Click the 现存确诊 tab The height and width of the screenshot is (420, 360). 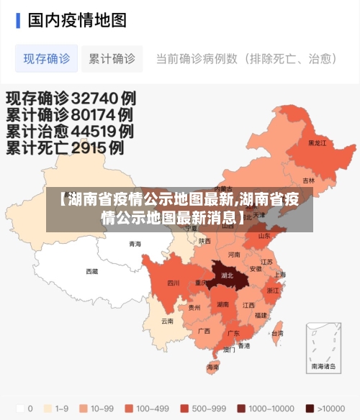[x=47, y=58]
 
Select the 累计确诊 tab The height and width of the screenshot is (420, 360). [x=112, y=58]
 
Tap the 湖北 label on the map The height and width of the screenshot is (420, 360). [x=228, y=275]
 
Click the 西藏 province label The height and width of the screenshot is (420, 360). [x=92, y=271]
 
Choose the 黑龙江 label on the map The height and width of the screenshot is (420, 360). [x=317, y=143]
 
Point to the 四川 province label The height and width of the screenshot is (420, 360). [x=174, y=283]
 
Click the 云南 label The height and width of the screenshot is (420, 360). [x=167, y=321]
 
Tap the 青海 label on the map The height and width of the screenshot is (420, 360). [x=135, y=244]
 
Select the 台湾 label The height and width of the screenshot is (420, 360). [x=277, y=334]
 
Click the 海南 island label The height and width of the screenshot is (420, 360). [x=213, y=367]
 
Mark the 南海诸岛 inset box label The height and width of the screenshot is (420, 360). [x=323, y=366]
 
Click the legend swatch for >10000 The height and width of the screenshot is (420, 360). [x=310, y=408]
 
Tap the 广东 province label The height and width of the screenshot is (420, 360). [x=233, y=334]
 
